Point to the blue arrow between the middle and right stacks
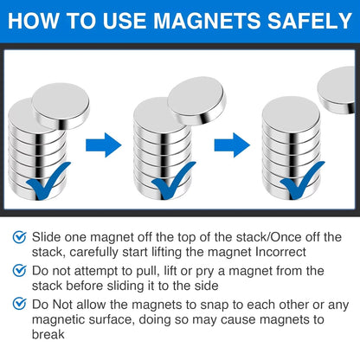point(230,144)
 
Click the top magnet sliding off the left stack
point(61,101)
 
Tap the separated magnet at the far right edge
point(338,89)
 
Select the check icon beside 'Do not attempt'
point(19,271)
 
